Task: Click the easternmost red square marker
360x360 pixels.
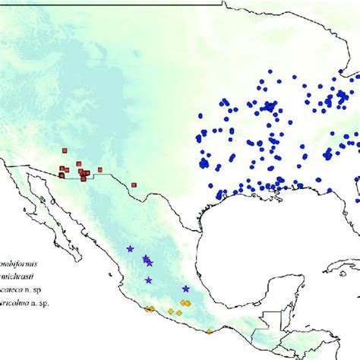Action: (x=134, y=185)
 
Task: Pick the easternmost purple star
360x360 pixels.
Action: (x=186, y=289)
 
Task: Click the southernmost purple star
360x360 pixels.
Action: (x=186, y=289)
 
